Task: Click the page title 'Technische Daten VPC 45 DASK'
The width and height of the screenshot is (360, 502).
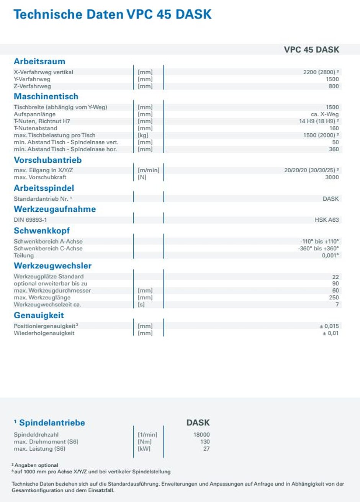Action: (112, 15)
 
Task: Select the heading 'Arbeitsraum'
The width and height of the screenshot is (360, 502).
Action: (39, 61)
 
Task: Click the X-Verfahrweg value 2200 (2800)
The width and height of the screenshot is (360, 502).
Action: (321, 72)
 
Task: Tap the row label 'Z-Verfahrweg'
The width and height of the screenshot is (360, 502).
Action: (32, 86)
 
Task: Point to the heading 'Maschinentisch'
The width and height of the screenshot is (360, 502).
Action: (46, 96)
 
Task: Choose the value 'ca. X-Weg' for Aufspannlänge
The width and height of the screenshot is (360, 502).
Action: (325, 114)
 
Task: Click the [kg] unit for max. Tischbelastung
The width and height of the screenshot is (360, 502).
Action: (143, 135)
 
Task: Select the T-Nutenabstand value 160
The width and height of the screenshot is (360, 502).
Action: (334, 128)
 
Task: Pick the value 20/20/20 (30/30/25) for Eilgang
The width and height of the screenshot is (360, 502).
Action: (311, 170)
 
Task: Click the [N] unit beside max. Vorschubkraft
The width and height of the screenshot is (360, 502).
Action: (142, 177)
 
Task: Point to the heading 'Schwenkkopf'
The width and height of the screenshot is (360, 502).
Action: (42, 231)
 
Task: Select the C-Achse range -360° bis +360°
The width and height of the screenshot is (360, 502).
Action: (319, 249)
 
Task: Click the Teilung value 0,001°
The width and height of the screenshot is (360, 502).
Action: (330, 255)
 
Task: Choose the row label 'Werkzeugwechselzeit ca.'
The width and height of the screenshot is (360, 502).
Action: (47, 304)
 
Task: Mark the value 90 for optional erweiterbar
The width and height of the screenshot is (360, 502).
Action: (335, 283)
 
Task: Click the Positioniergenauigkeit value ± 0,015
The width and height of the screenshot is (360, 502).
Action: (329, 326)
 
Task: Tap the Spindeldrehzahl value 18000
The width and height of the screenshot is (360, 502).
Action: (201, 435)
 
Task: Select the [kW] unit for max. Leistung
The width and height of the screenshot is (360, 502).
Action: (144, 448)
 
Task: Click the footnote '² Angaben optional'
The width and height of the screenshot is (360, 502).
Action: (35, 465)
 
